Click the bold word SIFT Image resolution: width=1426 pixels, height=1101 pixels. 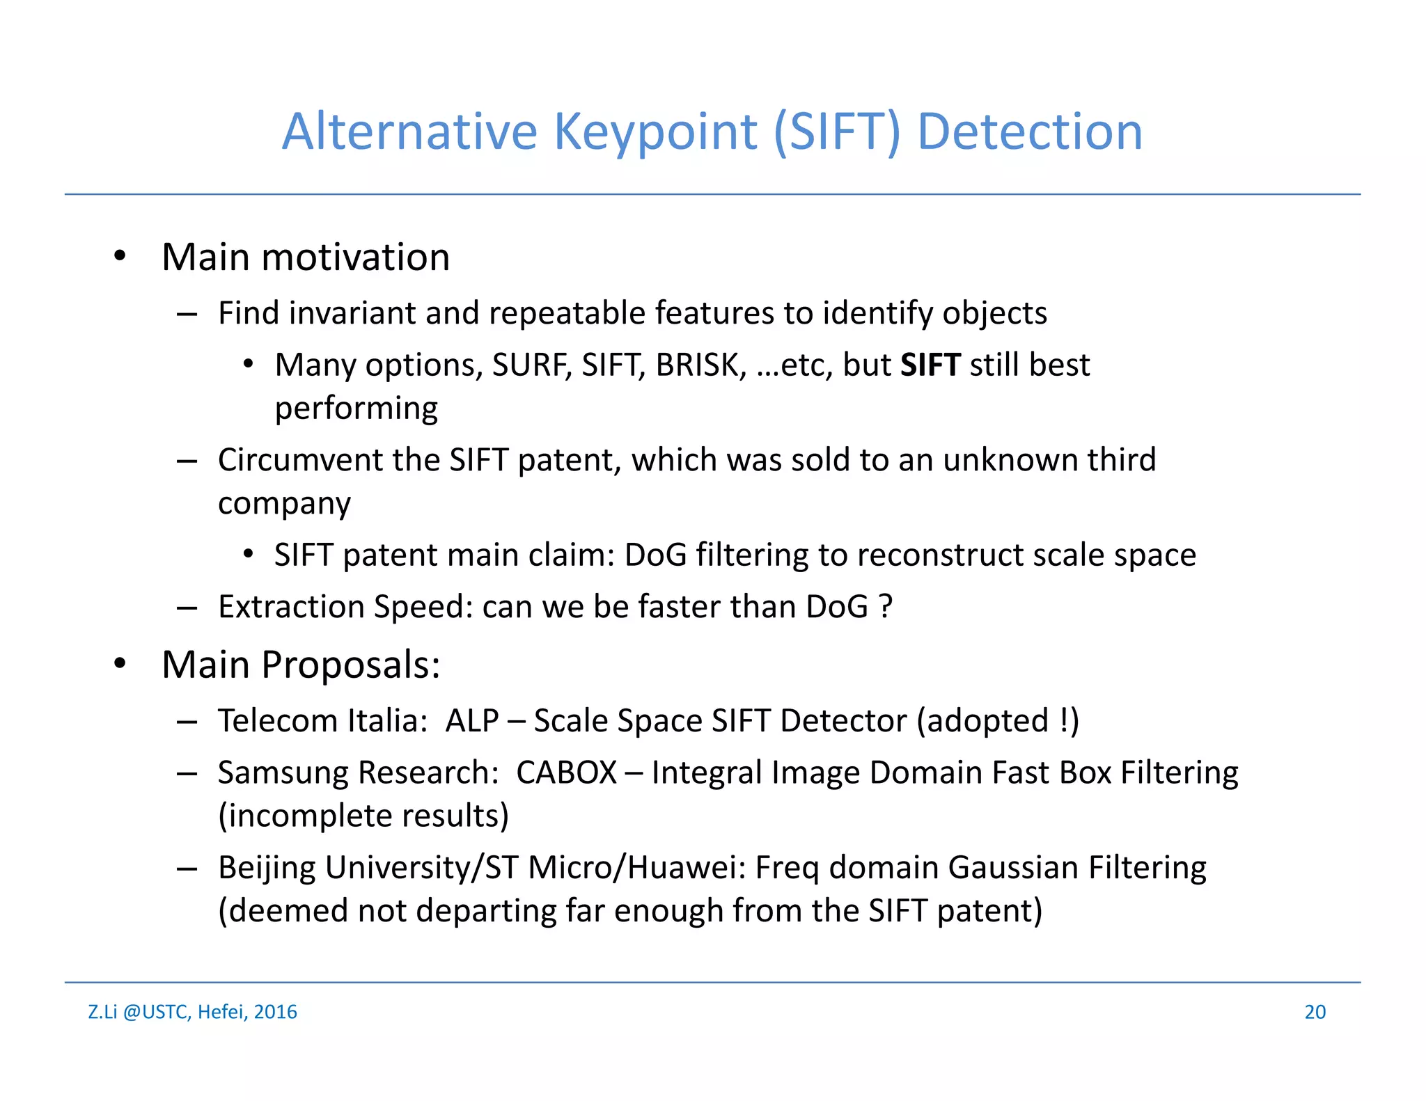click(930, 365)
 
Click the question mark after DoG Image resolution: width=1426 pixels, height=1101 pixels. click(885, 606)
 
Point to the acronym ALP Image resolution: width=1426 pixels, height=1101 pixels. click(472, 720)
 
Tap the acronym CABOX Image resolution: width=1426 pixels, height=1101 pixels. click(566, 773)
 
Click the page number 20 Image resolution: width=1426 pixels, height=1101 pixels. click(1315, 1012)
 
